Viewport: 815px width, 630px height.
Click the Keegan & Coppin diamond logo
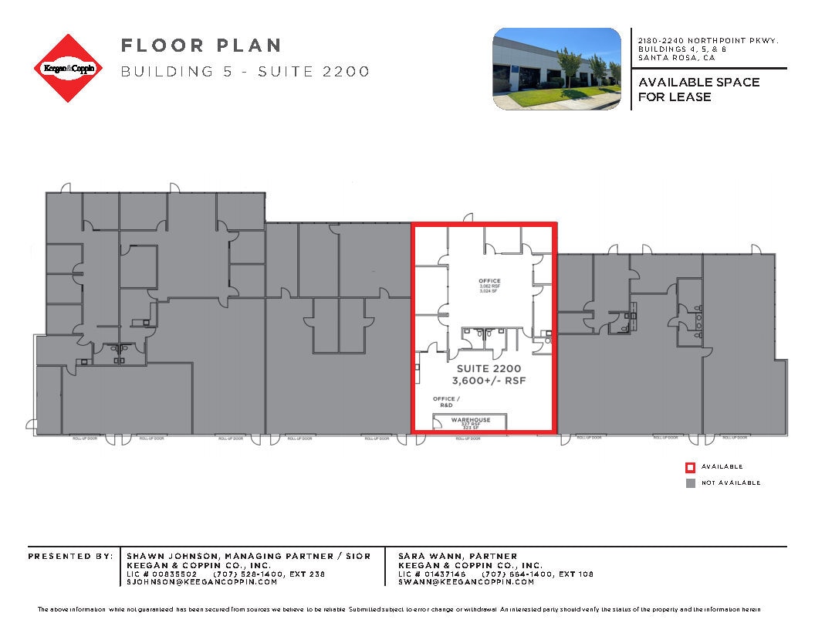pos(69,68)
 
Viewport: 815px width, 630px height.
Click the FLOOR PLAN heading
pos(201,46)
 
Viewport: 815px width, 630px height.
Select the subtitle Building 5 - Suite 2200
pos(245,72)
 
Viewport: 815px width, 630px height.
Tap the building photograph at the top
pos(556,68)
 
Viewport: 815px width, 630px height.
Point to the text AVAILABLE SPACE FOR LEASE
pos(698,89)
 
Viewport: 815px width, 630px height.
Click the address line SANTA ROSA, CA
pos(676,58)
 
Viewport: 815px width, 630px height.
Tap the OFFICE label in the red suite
pos(489,281)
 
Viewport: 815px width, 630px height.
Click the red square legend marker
pos(691,467)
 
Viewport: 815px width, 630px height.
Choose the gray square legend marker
pos(691,483)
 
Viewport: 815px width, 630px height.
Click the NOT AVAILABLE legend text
pos(730,483)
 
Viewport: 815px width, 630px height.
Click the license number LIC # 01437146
pos(432,574)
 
